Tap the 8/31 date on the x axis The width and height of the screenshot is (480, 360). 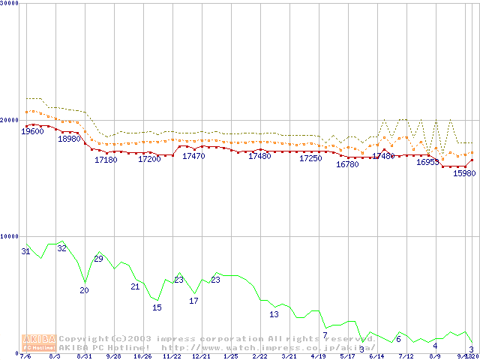(85, 356)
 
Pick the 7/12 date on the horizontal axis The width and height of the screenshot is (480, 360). (406, 356)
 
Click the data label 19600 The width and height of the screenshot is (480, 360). (32, 132)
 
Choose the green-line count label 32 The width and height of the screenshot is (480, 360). (62, 247)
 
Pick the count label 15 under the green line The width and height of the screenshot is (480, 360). (157, 307)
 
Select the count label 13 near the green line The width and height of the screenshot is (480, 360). (274, 314)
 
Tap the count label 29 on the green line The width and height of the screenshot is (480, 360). (98, 259)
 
